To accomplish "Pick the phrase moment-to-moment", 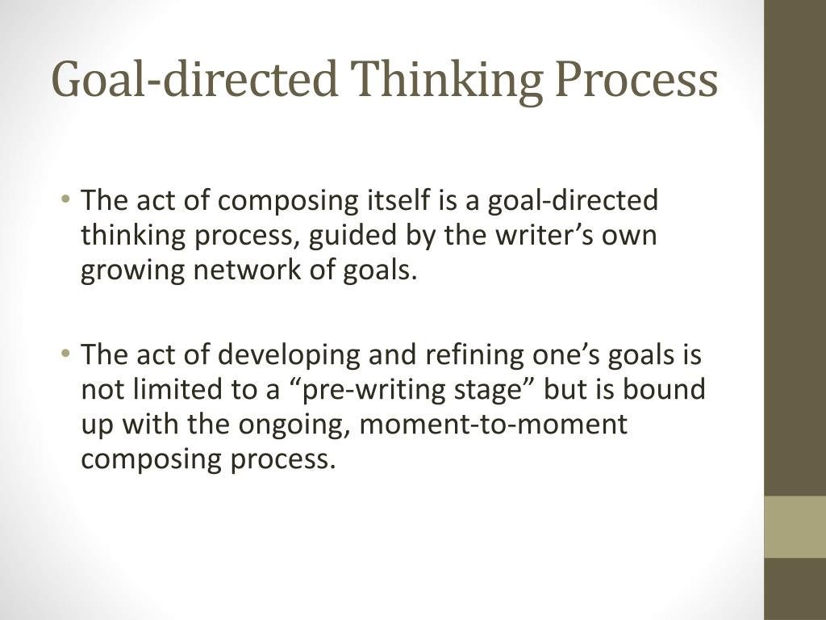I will pos(494,425).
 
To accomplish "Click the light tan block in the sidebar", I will pos(795,526).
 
